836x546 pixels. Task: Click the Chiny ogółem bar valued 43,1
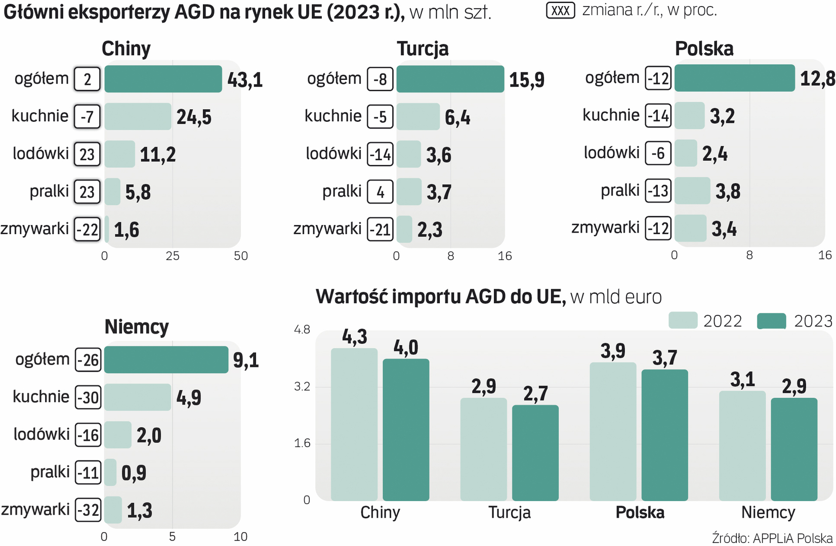click(163, 79)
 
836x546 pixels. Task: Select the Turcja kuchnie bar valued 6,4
click(418, 116)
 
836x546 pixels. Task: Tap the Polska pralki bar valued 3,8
click(692, 191)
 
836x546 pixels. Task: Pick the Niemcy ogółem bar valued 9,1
click(166, 359)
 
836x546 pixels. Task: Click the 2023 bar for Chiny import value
click(406, 430)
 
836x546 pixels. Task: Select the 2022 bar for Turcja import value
click(484, 449)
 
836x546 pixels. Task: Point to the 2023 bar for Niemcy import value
click(794, 449)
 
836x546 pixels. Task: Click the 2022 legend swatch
click(683, 321)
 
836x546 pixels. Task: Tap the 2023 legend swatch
click(771, 321)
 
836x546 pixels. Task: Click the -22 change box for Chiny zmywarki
click(88, 230)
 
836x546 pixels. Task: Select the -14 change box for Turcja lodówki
click(380, 154)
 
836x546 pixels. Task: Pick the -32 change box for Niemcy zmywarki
click(89, 510)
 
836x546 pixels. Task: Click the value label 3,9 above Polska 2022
click(613, 351)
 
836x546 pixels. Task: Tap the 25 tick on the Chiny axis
click(173, 256)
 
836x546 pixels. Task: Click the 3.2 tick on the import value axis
click(302, 387)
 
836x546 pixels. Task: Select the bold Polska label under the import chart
click(640, 513)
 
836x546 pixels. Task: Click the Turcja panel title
click(423, 49)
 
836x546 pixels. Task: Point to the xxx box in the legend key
click(560, 10)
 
